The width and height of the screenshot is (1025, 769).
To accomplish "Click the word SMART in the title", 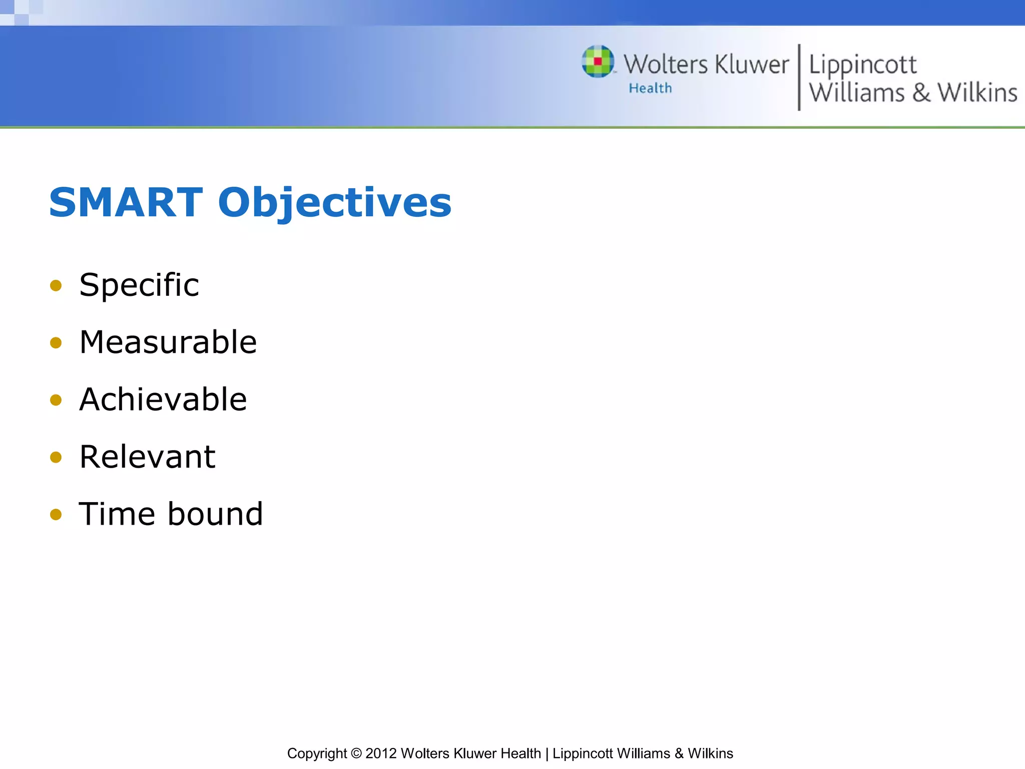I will (126, 202).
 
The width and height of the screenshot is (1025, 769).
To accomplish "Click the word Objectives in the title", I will (334, 203).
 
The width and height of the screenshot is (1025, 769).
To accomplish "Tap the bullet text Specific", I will (139, 285).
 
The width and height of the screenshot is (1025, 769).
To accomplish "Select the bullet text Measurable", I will (168, 342).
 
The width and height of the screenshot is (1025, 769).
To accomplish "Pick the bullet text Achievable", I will (163, 400).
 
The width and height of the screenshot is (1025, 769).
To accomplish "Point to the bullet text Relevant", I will (147, 457).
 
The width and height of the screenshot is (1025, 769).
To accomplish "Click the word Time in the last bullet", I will (117, 514).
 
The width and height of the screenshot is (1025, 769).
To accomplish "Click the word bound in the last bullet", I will (215, 514).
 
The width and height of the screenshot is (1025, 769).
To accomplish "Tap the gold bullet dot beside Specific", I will (56, 286).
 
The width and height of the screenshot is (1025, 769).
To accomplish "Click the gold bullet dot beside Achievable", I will (56, 400).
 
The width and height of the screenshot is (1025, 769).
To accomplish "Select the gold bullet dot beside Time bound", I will (56, 515).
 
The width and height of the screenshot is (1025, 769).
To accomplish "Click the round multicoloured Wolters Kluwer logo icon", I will (598, 62).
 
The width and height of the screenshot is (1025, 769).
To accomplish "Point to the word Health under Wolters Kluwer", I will (650, 88).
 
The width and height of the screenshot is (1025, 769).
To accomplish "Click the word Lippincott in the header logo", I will (862, 65).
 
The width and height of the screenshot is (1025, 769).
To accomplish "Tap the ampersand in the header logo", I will (921, 93).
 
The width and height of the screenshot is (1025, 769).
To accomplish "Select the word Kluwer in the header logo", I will (752, 65).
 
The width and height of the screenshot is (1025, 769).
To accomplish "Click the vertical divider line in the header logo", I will (799, 77).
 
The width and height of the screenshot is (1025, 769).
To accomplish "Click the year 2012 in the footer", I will (381, 753).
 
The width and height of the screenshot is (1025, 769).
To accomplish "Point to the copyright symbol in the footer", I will (356, 753).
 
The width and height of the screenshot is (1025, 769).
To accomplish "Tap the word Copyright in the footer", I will (316, 753).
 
